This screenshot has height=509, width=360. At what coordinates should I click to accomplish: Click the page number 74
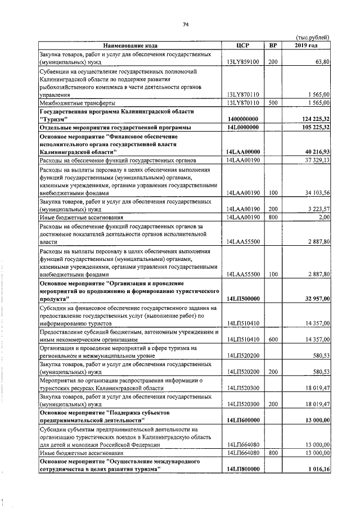185,24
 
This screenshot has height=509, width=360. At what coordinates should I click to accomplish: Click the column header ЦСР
243,45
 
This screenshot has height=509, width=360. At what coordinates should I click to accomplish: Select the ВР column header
273,45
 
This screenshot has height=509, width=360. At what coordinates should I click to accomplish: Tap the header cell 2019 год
306,45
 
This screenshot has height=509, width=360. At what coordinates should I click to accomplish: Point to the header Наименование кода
130,45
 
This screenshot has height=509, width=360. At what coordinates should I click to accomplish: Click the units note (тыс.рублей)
312,37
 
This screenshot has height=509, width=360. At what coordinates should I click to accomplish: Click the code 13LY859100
242,62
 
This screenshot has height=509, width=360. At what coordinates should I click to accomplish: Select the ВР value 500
273,103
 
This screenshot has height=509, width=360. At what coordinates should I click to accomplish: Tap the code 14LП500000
243,299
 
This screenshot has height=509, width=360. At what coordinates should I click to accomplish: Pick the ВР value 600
273,340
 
